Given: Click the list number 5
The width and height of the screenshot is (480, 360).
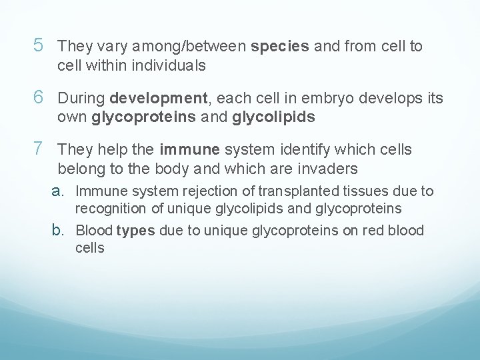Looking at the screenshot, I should coord(39,47).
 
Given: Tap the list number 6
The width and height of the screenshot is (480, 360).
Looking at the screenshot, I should coord(39,98).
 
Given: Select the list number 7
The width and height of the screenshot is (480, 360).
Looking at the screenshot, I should coord(39,149).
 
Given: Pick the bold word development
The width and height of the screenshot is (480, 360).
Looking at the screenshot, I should coord(159,99).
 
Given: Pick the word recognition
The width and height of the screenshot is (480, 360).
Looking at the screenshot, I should coord(109,209).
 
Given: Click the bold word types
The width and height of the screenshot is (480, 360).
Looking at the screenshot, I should coord(135,231).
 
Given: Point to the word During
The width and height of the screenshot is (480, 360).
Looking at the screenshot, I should coord(82,99).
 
